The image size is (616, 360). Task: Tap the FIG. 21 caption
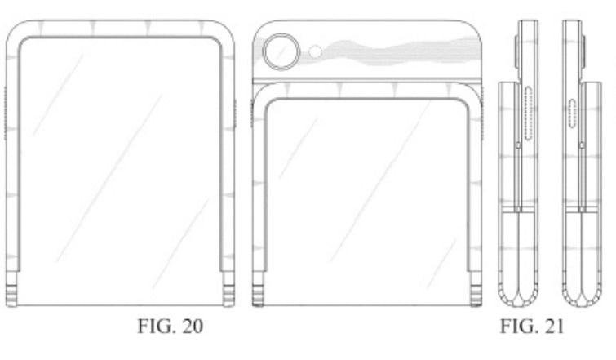coord(530,327)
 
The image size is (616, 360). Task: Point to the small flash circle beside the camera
coord(317,52)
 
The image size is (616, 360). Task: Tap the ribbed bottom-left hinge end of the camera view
coord(258,290)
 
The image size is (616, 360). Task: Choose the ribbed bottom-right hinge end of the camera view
coord(474,290)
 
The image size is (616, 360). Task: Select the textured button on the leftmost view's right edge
coord(236,114)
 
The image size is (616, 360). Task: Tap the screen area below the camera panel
coord(366,188)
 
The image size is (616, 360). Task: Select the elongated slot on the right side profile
coord(573,111)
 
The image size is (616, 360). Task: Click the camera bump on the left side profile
coord(515,49)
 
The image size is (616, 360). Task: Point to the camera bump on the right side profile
coord(585,49)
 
